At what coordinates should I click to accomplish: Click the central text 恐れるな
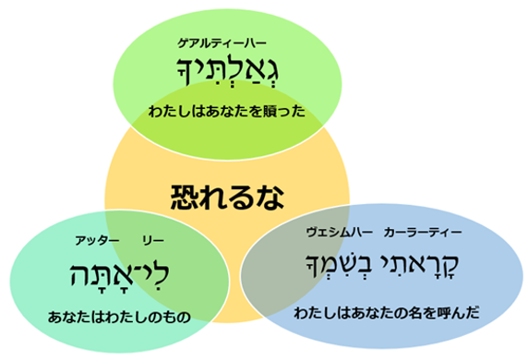pyautogui.click(x=226, y=196)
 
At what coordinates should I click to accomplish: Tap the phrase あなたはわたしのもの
pyautogui.click(x=118, y=316)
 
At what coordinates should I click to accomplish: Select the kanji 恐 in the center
pyautogui.click(x=185, y=196)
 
